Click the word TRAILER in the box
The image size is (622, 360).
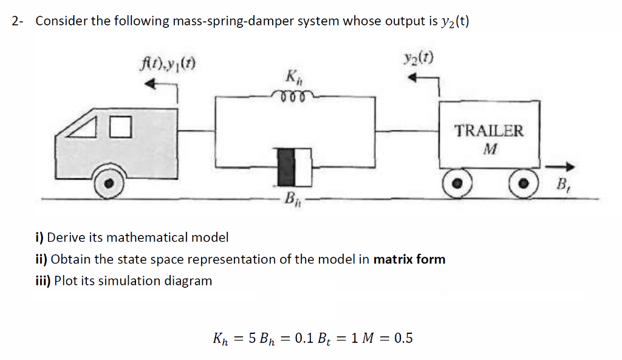489,131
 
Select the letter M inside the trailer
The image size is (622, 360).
490,148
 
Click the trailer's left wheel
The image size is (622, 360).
459,182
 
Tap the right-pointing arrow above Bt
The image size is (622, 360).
559,166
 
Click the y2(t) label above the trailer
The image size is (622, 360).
419,59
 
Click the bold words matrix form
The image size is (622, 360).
409,259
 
